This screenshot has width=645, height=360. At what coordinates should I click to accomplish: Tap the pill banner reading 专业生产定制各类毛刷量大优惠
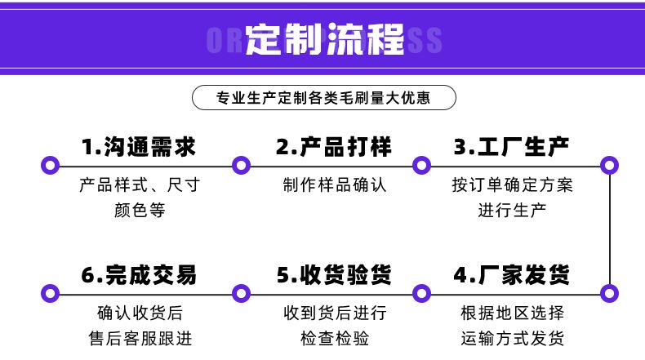pyautogui.click(x=323, y=99)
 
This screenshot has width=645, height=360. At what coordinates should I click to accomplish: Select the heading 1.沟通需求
pyautogui.click(x=139, y=147)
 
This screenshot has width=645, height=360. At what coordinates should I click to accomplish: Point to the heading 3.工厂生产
pyautogui.click(x=511, y=147)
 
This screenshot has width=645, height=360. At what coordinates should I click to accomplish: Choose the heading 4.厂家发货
pyautogui.click(x=511, y=274)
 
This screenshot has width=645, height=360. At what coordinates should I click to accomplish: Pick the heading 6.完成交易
pyautogui.click(x=139, y=274)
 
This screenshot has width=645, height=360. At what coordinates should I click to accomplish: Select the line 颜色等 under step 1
pyautogui.click(x=140, y=210)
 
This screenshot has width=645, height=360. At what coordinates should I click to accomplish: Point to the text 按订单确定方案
pyautogui.click(x=512, y=184)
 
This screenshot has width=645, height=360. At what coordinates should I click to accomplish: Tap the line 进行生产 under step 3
pyautogui.click(x=512, y=210)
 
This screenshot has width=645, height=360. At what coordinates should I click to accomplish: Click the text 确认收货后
pyautogui.click(x=140, y=313)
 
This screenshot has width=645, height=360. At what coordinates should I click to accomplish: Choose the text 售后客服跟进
pyautogui.click(x=140, y=338)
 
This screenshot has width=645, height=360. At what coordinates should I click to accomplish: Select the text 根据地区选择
pyautogui.click(x=512, y=313)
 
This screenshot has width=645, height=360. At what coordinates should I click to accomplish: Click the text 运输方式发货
pyautogui.click(x=512, y=338)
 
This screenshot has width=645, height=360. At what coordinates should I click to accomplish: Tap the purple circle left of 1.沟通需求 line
pyautogui.click(x=51, y=166)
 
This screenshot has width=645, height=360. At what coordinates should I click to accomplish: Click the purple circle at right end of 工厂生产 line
pyautogui.click(x=609, y=166)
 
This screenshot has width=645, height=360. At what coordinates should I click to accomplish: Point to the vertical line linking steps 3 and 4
pyautogui.click(x=609, y=229)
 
